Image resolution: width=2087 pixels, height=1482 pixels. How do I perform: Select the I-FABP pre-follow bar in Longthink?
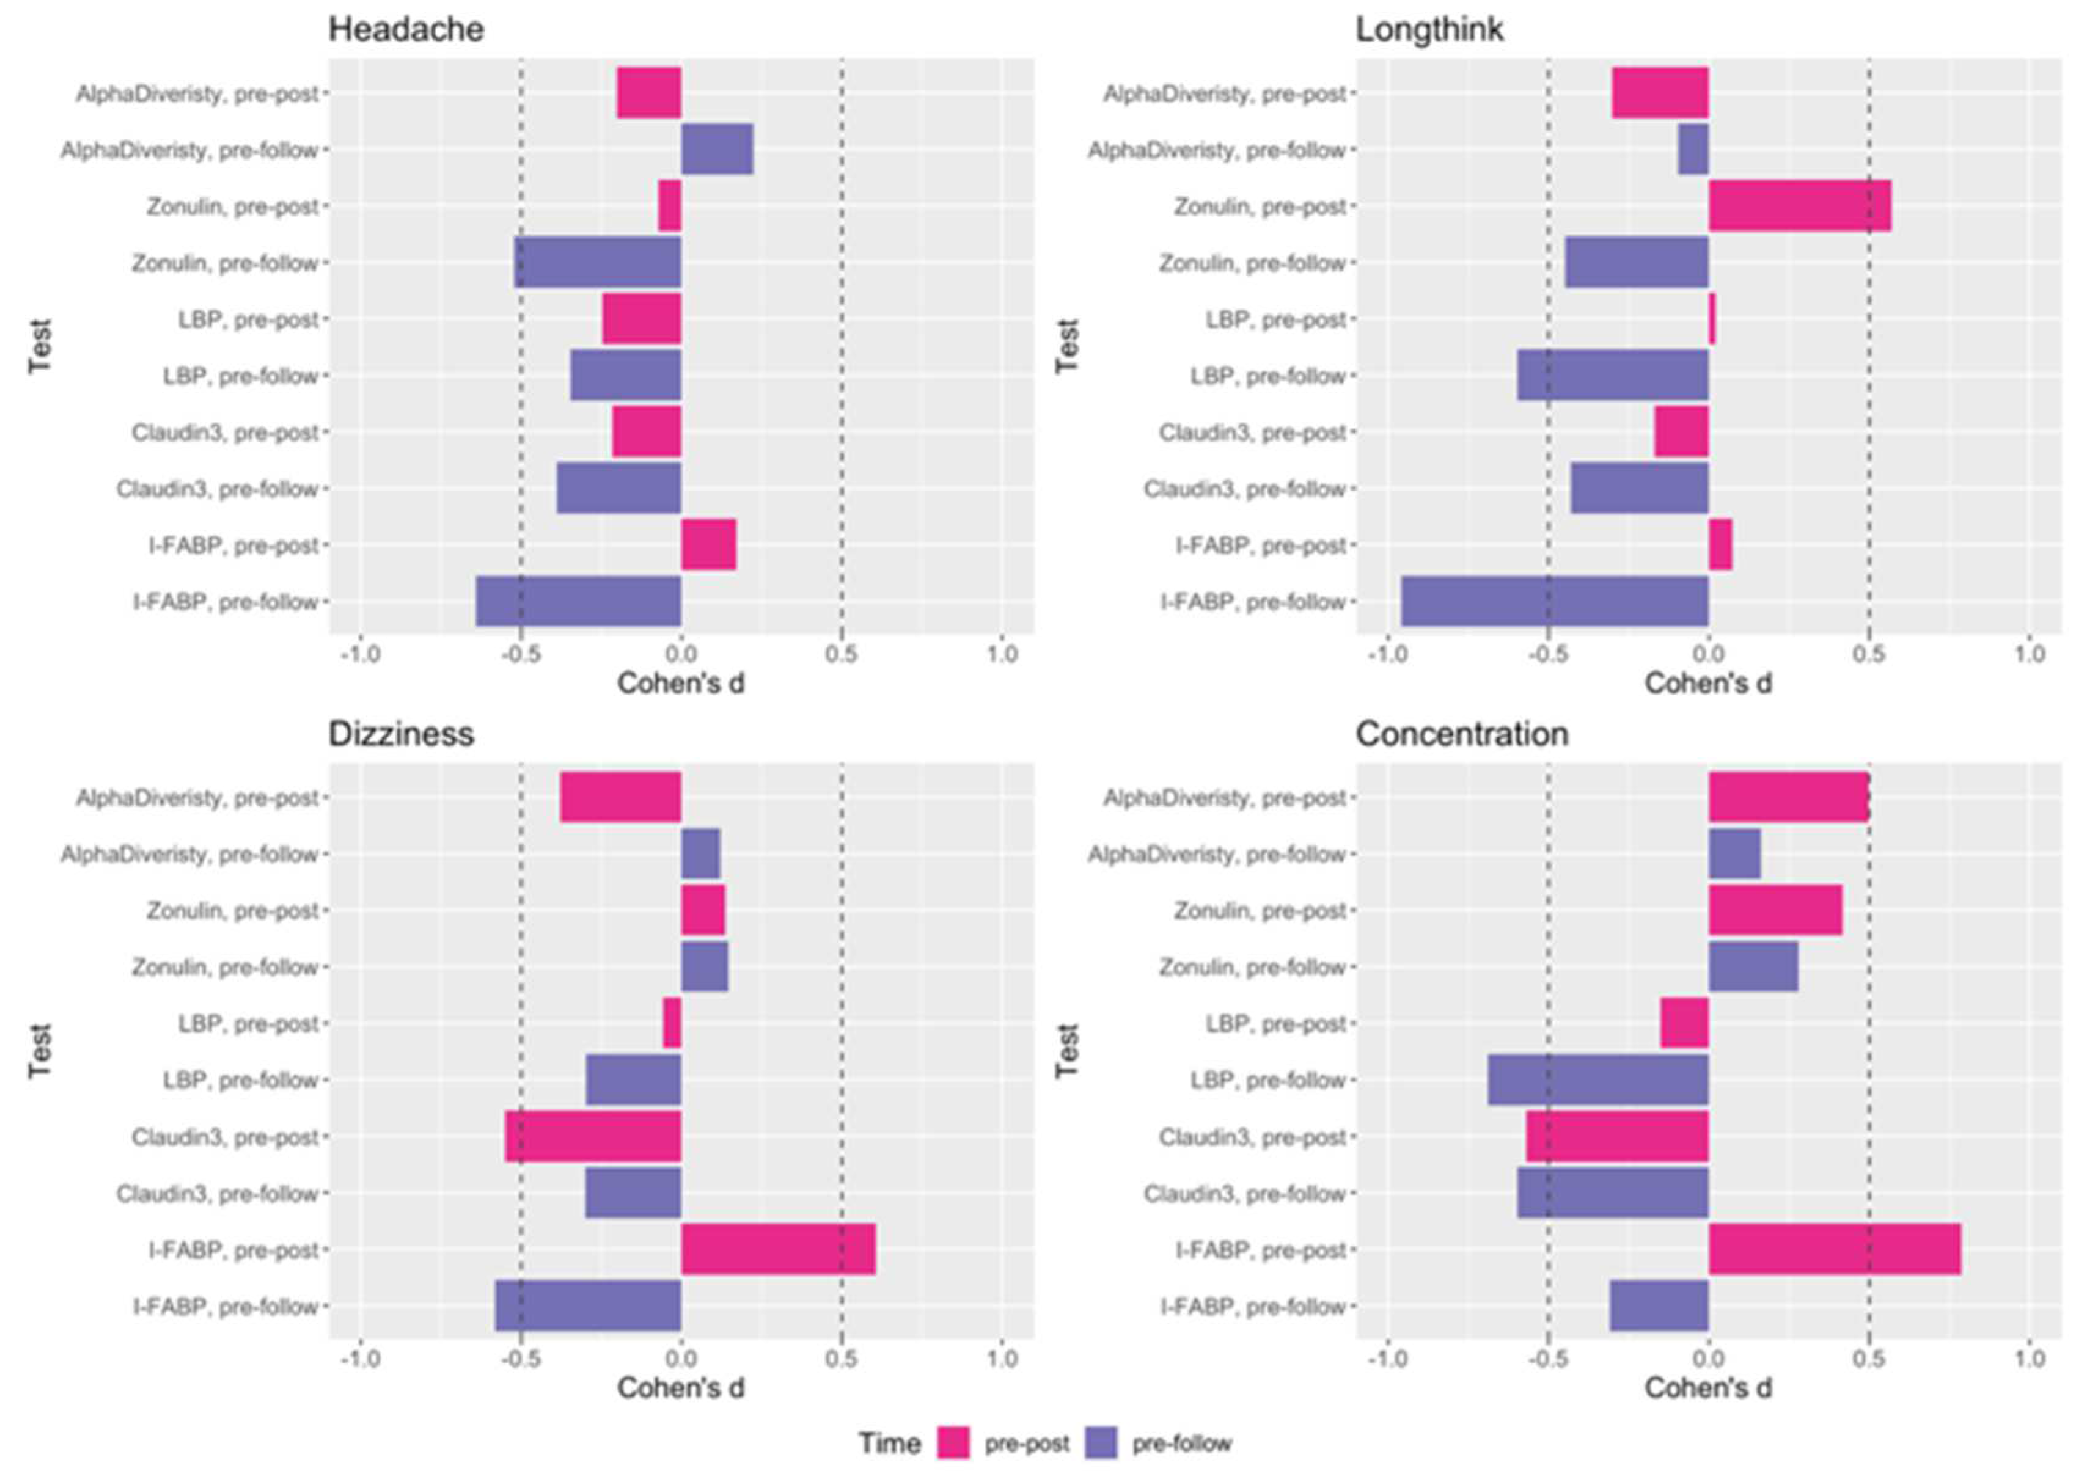pos(1554,601)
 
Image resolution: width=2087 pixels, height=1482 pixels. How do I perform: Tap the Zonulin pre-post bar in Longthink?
pos(1799,206)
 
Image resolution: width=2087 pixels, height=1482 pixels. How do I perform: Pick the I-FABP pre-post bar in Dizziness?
pos(778,1249)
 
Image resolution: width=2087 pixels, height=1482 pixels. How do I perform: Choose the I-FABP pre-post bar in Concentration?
pos(1833,1249)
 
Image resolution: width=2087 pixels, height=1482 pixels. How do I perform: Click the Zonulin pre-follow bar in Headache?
pos(597,263)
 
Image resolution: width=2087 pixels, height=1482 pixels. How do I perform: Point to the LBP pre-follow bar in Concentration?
pos(1597,1079)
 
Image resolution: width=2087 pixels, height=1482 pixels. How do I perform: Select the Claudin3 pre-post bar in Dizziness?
pos(593,1136)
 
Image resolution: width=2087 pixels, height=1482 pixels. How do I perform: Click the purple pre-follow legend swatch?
pos(1101,1443)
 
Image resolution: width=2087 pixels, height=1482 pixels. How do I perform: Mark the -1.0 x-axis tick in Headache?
pos(360,654)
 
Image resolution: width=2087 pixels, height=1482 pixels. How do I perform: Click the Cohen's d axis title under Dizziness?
pos(680,1388)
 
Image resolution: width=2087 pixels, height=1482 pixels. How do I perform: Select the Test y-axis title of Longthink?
pos(1066,347)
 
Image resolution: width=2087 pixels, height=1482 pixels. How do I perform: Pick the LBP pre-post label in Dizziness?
pos(248,1024)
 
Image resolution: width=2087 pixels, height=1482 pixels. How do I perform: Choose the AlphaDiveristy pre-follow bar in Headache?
pos(717,150)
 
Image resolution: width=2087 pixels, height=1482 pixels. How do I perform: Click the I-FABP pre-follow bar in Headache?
pos(578,601)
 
